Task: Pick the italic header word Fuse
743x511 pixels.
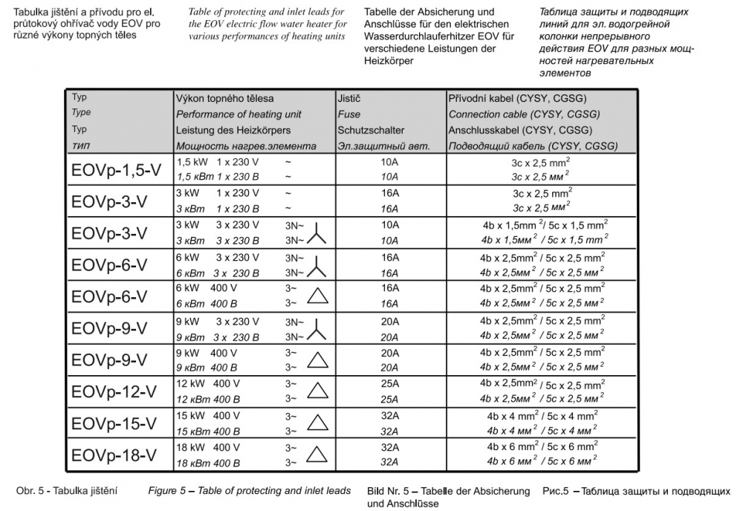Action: coord(348,114)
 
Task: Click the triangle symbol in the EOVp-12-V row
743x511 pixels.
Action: coord(317,391)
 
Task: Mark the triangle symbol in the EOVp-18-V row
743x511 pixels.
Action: coord(317,455)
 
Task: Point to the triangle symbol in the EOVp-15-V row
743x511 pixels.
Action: coord(317,423)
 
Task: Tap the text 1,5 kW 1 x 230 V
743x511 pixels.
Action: coord(217,161)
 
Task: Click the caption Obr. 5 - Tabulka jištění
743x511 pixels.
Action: coord(68,491)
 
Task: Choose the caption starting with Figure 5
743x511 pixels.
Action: coord(250,491)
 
